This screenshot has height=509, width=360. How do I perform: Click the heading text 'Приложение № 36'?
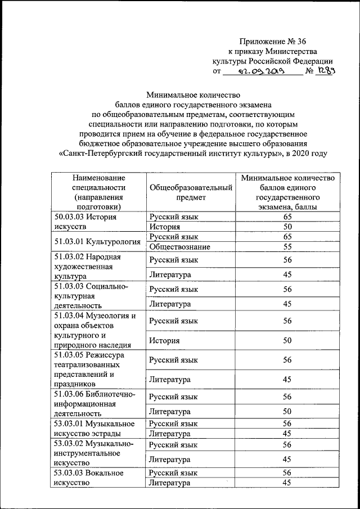272,40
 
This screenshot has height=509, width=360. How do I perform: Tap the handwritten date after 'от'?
262,72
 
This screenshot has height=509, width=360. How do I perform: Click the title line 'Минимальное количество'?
193,94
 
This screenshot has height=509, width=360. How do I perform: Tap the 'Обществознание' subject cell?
180,247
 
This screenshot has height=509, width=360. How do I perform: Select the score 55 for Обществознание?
287,247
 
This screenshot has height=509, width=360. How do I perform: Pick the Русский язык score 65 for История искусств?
287,217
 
